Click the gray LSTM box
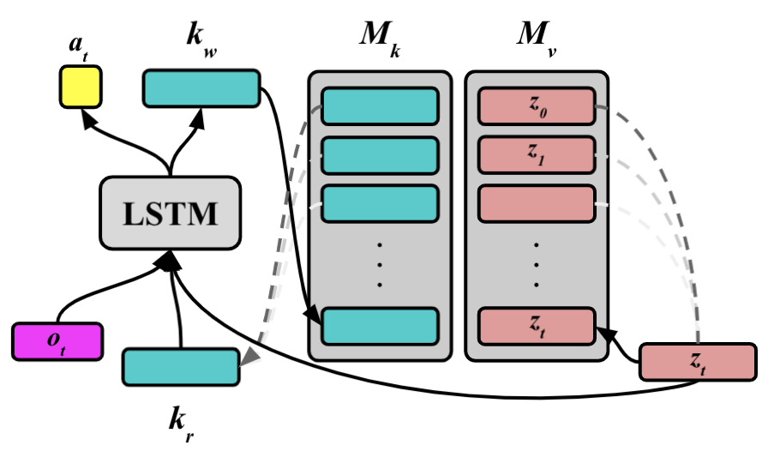tap(170, 213)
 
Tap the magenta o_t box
tap(57, 341)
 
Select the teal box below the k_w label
tap(201, 88)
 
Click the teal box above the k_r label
tap(181, 366)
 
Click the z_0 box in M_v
tap(537, 105)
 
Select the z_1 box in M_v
tap(537, 155)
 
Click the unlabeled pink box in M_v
tap(537, 204)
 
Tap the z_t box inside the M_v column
tap(537, 326)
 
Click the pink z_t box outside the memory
tap(698, 362)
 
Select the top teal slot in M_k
tap(380, 105)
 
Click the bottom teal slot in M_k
tap(380, 326)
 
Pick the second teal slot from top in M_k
tap(380, 155)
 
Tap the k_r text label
tap(179, 421)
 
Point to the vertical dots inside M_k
tap(380, 265)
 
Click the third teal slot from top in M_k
tap(380, 204)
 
